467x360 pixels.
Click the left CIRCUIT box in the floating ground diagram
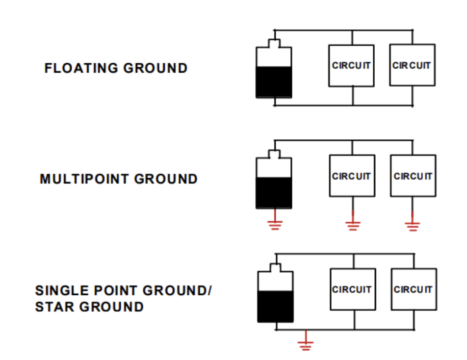coord(351,66)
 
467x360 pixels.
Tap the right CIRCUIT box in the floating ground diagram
coord(412,65)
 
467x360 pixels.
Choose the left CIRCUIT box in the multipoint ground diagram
coord(351,176)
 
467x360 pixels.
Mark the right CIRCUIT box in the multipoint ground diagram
coord(413,176)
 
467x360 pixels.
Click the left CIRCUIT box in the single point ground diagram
coord(353,289)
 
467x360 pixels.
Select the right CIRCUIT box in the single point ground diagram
coord(414,289)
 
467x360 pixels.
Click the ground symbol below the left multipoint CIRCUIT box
coord(352,225)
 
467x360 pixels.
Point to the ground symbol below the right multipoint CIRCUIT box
coord(413,225)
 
